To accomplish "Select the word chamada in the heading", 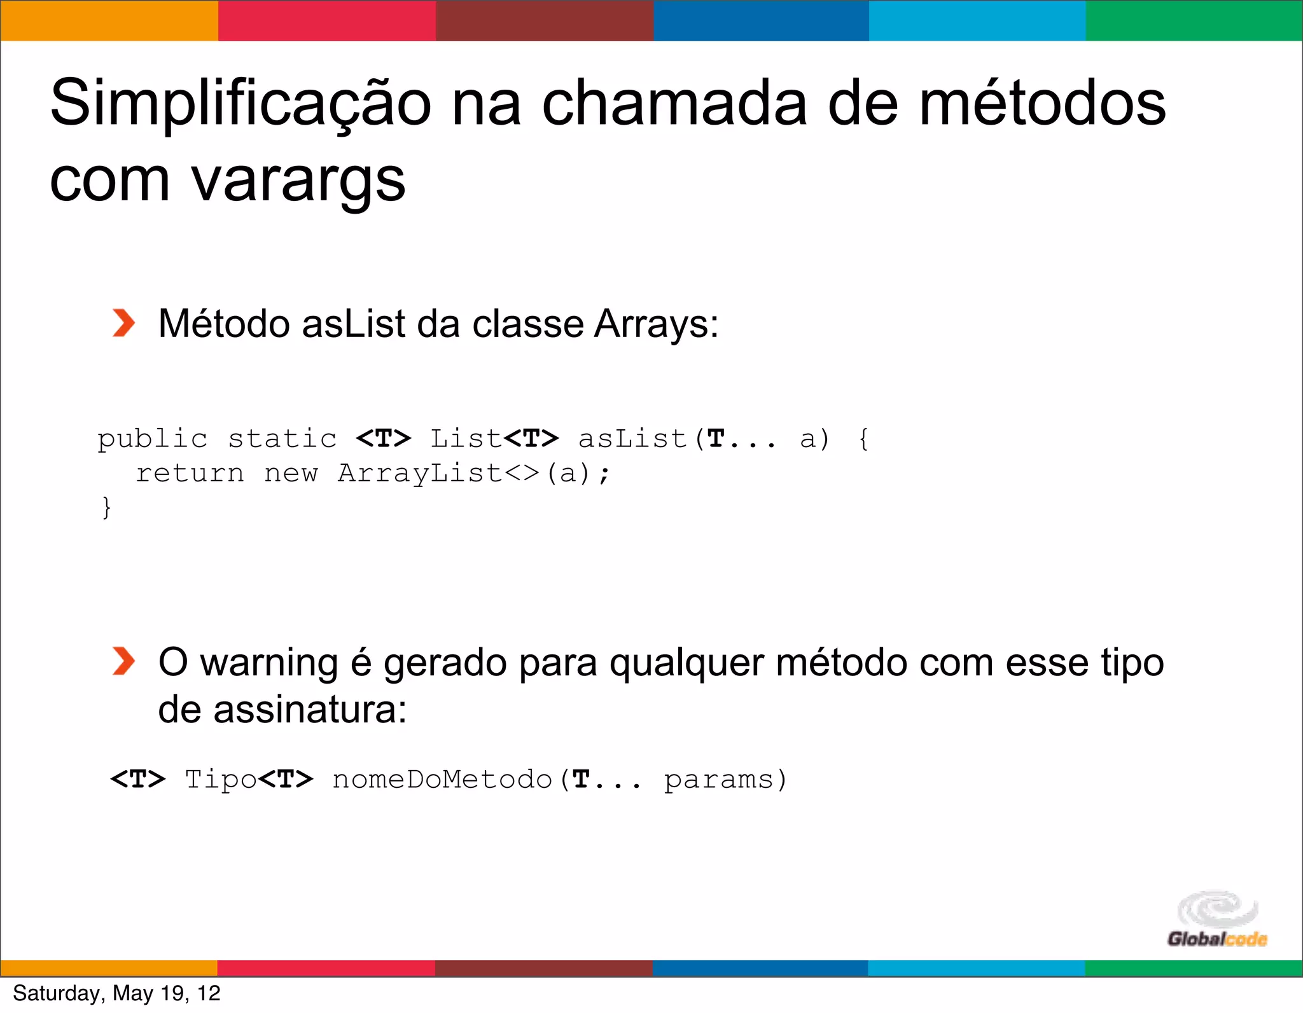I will tap(674, 104).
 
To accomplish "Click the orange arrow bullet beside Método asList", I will tap(123, 323).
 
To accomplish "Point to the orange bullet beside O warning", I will tap(123, 661).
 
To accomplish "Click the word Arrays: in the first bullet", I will tap(656, 324).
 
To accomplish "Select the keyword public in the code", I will tap(153, 439).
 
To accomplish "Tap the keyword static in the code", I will tap(282, 439).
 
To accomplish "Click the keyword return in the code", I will tap(190, 473).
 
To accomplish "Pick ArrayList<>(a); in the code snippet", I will tap(473, 473).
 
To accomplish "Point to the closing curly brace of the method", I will tap(106, 507).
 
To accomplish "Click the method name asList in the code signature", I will tap(632, 439).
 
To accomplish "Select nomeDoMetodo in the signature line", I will tap(442, 780).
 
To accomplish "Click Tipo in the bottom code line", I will tap(220, 780).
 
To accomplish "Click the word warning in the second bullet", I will tap(269, 663).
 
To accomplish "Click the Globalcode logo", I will tap(1216, 920).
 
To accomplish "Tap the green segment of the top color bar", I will tap(1194, 20).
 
